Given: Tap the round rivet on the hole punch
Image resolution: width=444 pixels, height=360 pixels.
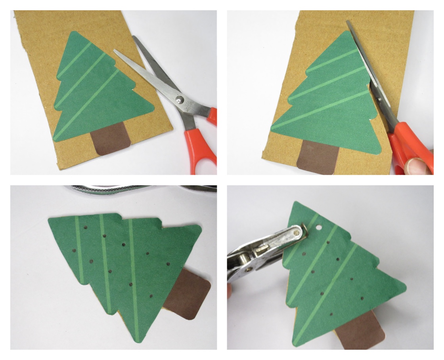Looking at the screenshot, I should [x=297, y=233].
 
